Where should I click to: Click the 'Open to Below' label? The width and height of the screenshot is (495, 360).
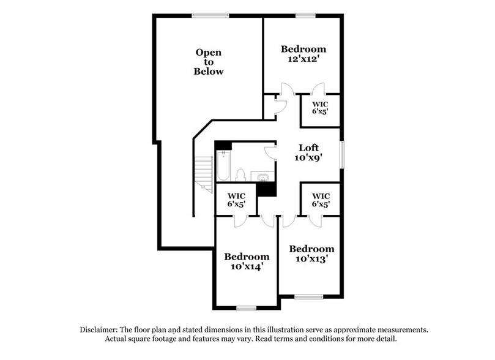[x=209, y=62]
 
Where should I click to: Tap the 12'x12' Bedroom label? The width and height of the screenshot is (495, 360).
[x=303, y=54]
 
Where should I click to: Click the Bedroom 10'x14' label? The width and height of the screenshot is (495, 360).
[x=247, y=261]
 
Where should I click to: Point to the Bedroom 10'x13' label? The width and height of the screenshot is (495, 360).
[x=311, y=254]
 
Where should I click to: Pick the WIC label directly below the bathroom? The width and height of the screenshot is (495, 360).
[x=233, y=200]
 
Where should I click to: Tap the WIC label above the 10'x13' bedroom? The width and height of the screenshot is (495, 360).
[x=320, y=200]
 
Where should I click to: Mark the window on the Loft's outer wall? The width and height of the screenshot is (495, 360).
[x=343, y=153]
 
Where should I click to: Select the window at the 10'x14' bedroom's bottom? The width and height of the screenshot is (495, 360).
[x=246, y=307]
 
